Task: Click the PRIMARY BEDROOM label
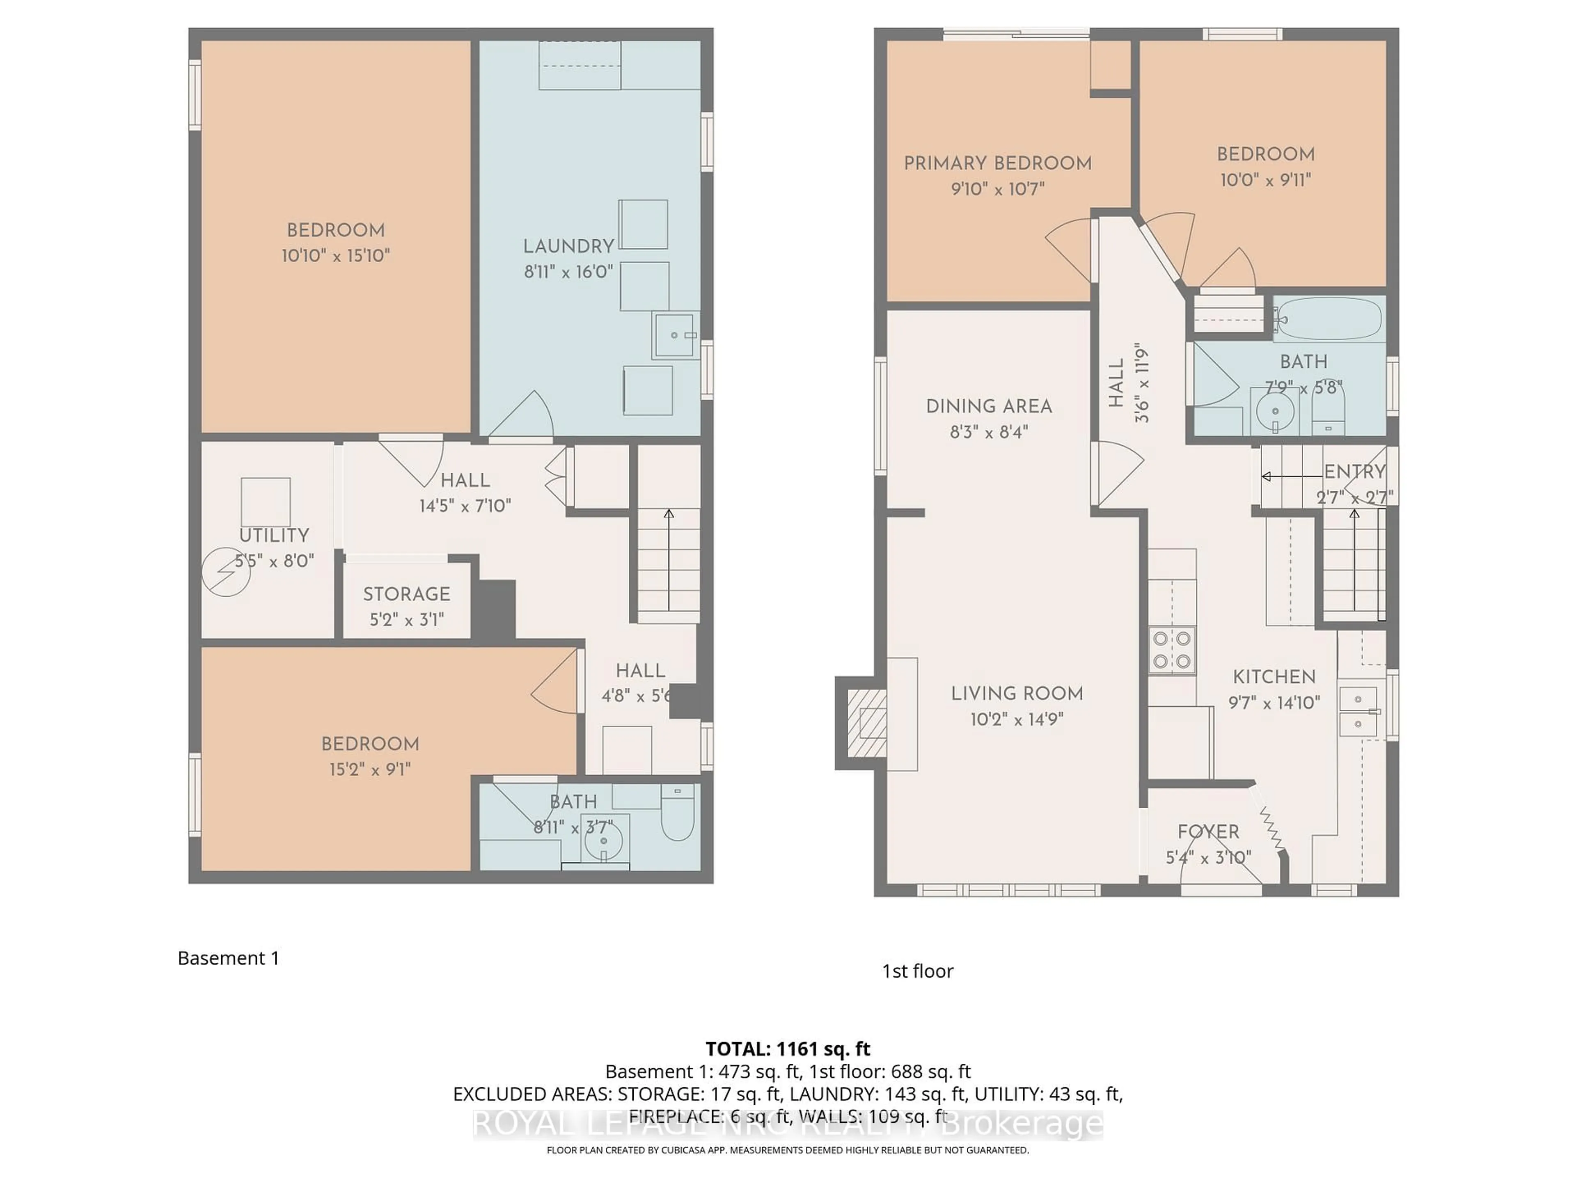tap(997, 163)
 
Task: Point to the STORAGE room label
tap(406, 594)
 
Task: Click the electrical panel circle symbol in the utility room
tap(226, 571)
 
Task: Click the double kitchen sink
tap(1358, 711)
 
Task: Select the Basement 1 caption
tap(228, 958)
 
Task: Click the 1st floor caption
tap(917, 971)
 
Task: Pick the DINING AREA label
tap(989, 406)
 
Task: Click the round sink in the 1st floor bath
tap(1275, 411)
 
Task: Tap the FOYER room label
tap(1208, 832)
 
